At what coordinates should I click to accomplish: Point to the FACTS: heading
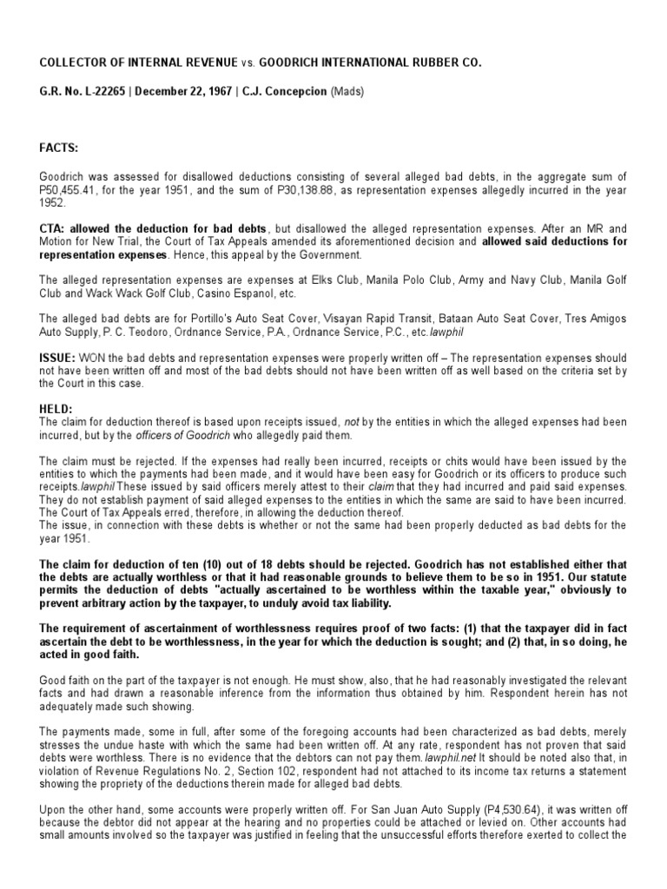tap(59, 148)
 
